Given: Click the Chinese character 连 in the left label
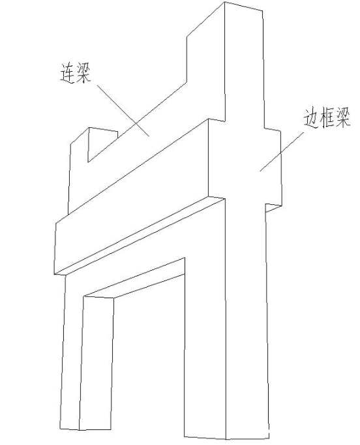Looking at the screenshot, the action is click(67, 73).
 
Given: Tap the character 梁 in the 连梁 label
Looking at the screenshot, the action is click(83, 73).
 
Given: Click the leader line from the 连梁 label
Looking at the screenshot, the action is click(123, 110).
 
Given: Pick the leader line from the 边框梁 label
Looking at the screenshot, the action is click(282, 152).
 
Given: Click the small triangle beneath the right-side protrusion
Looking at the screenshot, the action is click(272, 207).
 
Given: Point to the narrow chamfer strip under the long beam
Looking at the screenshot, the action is click(140, 236).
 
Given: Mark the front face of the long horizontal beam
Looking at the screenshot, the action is click(131, 196).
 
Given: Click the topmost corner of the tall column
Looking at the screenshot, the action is click(225, 2).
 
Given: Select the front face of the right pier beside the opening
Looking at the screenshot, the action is click(205, 326).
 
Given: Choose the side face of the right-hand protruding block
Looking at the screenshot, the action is click(273, 166).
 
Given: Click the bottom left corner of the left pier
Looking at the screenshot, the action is click(61, 429).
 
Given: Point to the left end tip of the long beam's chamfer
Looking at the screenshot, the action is click(54, 274).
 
